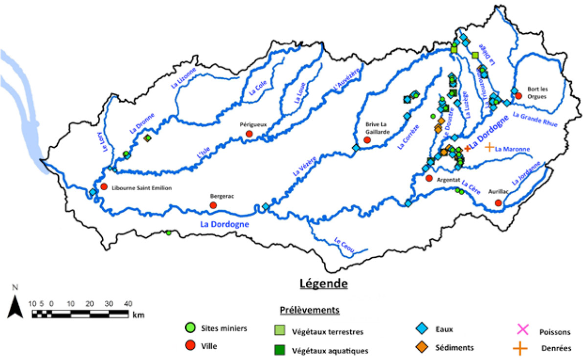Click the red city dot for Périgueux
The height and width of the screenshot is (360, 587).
(x=249, y=134)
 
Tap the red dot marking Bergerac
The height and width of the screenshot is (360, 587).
(x=213, y=205)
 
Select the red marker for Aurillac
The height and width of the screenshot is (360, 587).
(x=498, y=203)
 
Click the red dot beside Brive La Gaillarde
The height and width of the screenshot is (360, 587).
(x=368, y=140)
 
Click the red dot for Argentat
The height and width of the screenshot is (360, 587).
(x=429, y=179)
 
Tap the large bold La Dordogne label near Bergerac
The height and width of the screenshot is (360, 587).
(x=225, y=225)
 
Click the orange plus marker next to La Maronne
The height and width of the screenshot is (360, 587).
(x=489, y=147)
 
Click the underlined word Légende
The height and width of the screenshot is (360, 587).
(x=324, y=283)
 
